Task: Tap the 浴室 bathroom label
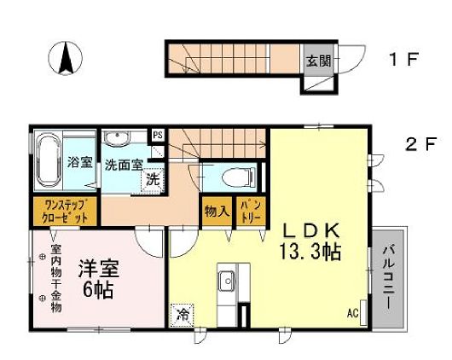79,162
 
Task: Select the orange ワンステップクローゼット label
64,210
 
